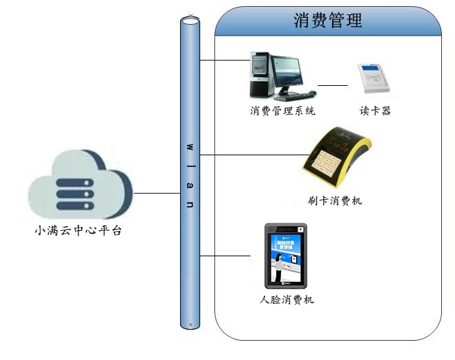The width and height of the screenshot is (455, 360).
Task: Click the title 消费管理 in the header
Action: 328,21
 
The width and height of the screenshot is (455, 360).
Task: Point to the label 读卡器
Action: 375,110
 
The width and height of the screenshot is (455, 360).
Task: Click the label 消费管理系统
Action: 282,110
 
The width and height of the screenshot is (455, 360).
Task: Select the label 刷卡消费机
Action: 335,201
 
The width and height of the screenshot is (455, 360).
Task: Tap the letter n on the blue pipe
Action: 190,204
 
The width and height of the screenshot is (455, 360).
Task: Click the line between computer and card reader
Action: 333,86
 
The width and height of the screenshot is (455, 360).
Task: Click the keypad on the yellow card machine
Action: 326,162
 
